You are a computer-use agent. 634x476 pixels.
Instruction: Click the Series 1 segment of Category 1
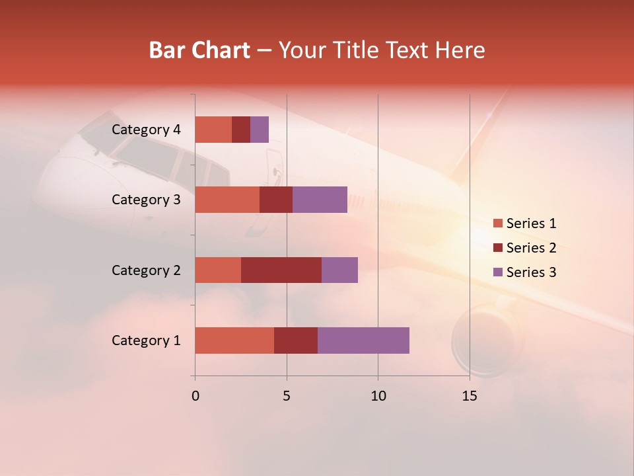[234, 340]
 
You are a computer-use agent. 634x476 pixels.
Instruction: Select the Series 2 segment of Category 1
[296, 340]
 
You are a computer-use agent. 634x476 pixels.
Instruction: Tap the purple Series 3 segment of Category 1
[363, 340]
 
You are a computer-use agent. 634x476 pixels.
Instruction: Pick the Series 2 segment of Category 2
[281, 270]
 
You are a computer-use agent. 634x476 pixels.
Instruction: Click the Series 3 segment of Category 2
[339, 270]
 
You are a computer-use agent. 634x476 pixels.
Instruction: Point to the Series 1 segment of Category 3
[227, 200]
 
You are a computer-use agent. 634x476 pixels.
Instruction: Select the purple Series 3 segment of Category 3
[320, 200]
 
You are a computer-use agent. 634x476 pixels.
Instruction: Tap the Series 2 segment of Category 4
[241, 130]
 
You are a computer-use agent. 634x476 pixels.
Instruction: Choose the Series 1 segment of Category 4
[213, 130]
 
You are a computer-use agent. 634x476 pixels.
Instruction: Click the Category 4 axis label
[146, 130]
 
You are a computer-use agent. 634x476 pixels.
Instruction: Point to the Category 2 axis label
[146, 270]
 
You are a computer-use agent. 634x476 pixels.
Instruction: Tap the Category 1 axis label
[146, 340]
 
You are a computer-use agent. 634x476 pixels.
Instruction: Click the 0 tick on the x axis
[195, 396]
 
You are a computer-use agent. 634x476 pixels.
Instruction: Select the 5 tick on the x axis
[287, 396]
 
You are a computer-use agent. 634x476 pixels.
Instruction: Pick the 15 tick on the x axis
[470, 396]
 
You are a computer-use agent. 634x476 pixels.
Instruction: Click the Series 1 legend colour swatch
[497, 223]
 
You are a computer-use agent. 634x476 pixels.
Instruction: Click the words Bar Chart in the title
[199, 50]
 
